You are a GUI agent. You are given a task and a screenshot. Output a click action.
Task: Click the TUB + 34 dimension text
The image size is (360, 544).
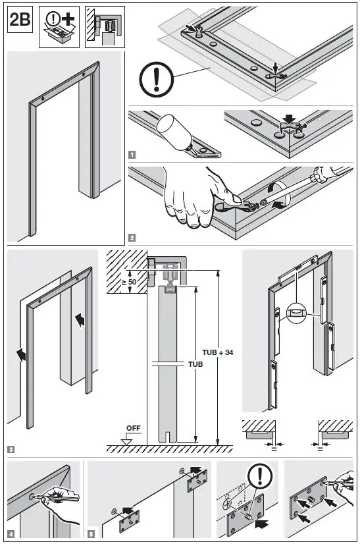[x=220, y=352]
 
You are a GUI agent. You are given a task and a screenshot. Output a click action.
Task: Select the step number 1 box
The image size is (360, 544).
[x=132, y=155]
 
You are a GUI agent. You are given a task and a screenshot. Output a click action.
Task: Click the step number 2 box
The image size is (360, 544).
[x=132, y=237]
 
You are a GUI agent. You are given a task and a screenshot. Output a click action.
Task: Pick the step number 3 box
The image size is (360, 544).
[x=11, y=450]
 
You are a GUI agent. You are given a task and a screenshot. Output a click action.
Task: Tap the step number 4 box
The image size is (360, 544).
[x=11, y=533]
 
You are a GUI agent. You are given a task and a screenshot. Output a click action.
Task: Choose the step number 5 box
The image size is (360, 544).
[x=91, y=533]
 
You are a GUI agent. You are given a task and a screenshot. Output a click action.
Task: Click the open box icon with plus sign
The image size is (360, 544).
[x=59, y=28]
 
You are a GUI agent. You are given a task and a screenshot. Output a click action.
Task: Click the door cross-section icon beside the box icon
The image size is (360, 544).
[x=104, y=28]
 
